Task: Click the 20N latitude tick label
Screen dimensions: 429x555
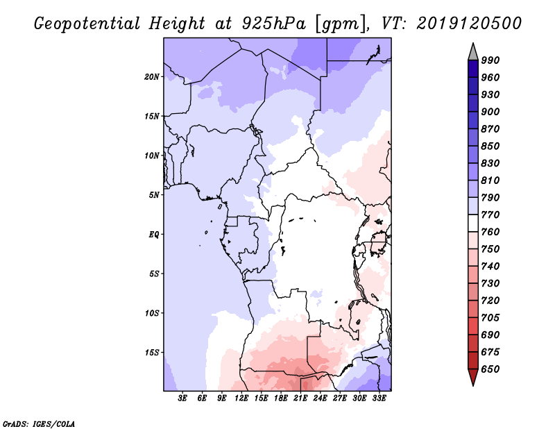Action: point(152,76)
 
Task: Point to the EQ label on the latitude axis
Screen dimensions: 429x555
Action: point(154,235)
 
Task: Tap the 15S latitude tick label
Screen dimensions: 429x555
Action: point(152,353)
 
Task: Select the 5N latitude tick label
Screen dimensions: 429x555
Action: point(154,195)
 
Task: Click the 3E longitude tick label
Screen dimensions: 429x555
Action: point(183,398)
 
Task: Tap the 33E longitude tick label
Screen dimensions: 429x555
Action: point(379,398)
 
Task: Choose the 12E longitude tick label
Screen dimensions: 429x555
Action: point(241,398)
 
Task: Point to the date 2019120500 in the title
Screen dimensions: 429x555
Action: point(469,23)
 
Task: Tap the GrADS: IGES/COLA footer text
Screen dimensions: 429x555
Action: point(39,423)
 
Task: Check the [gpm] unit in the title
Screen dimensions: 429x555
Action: point(339,23)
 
